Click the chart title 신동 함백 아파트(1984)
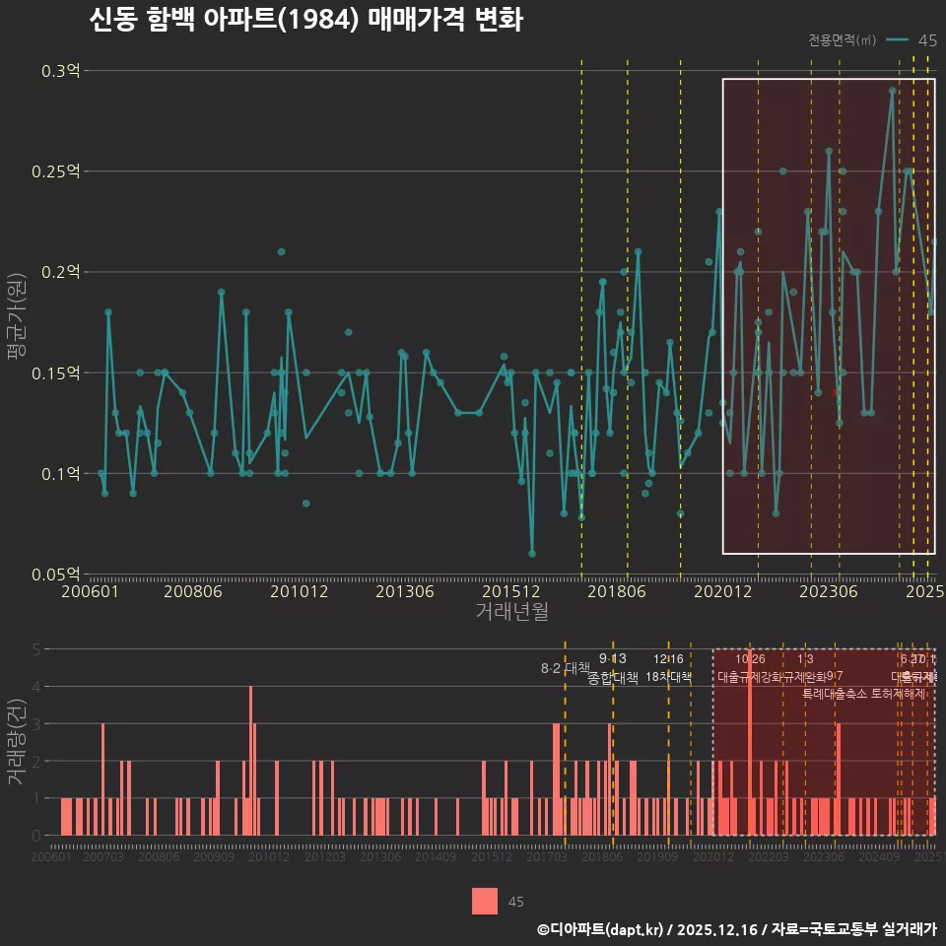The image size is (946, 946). click(x=305, y=20)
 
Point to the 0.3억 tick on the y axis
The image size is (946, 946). click(x=61, y=71)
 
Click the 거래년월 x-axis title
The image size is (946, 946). click(x=511, y=612)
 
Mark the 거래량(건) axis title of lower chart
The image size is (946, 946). click(x=17, y=741)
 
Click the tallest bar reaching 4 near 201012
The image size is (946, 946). click(x=251, y=760)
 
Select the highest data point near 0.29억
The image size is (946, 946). click(x=892, y=91)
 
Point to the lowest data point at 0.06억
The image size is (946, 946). click(x=532, y=554)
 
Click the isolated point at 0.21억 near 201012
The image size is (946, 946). click(x=281, y=252)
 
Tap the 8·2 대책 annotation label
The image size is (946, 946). click(x=564, y=668)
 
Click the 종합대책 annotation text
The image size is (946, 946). click(x=613, y=677)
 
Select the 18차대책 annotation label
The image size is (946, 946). click(x=668, y=677)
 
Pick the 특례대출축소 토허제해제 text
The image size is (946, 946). click(x=863, y=693)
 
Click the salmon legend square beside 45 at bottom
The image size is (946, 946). click(x=485, y=901)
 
